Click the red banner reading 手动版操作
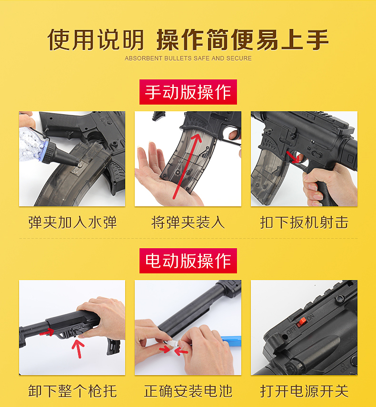pos(188,92)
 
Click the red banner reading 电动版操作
pos(188,261)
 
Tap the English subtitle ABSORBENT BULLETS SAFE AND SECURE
pos(188,58)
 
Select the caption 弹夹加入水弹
pos(72,223)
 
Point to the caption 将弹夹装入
pos(188,223)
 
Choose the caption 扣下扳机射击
pos(304,223)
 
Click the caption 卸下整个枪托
pos(72,391)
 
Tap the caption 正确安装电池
pos(188,391)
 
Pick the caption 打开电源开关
pos(304,391)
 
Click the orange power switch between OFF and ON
pos(302,322)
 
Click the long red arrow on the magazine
pos(187,166)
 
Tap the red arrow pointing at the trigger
pos(293,157)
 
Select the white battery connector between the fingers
pos(172,343)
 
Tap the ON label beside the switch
pos(310,317)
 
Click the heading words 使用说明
pos(96,40)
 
